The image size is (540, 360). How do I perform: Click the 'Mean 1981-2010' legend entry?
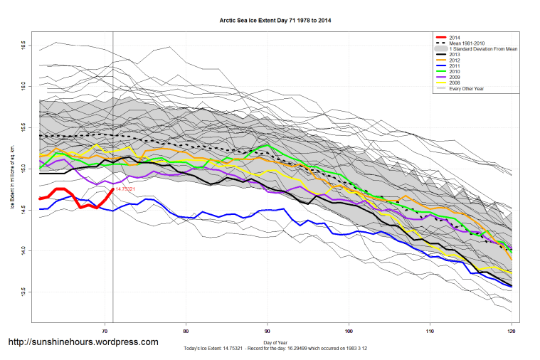[469, 43]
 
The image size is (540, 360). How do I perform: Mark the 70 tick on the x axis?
[105, 331]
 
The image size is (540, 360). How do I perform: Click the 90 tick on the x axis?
[268, 331]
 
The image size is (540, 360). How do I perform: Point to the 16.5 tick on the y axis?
[25, 45]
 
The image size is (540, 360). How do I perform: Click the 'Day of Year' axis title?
[275, 343]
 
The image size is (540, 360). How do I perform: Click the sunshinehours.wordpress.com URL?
[83, 342]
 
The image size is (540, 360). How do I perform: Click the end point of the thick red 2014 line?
[113, 189]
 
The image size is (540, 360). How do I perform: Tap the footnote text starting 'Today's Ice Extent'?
[275, 349]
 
